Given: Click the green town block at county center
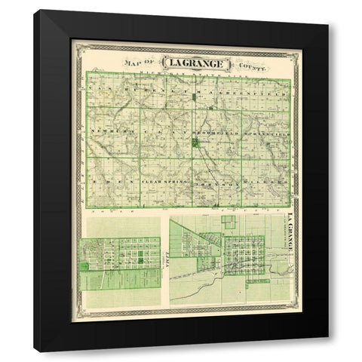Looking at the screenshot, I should tap(195, 141).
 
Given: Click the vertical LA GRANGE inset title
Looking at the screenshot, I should tap(289, 234).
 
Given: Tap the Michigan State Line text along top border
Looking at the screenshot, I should tap(189, 75).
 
